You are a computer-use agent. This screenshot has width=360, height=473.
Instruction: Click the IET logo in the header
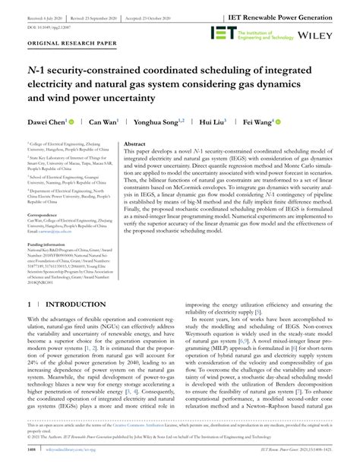tap(220, 33)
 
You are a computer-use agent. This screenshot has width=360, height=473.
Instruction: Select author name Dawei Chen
tap(46, 121)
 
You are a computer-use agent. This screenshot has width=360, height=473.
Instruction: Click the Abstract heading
tap(134, 143)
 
